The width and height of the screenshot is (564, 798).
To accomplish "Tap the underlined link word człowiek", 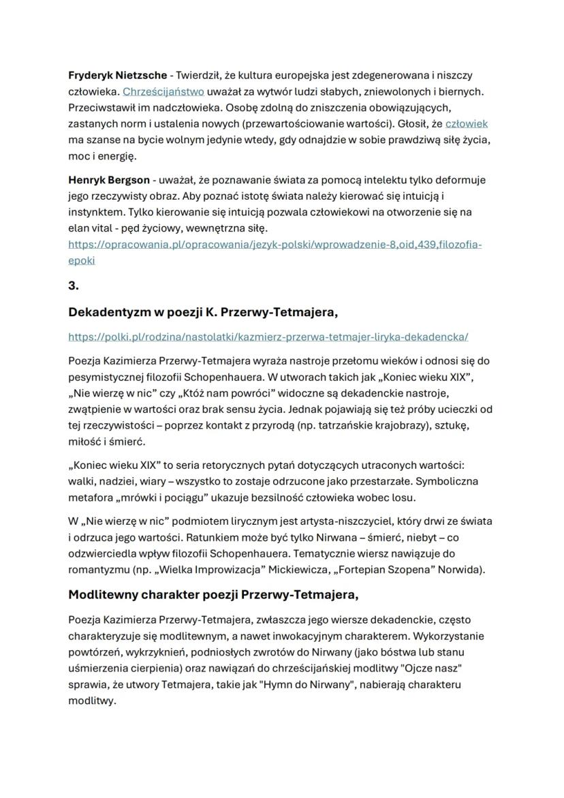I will coord(467,123).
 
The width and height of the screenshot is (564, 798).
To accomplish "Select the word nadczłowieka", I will coord(189,107).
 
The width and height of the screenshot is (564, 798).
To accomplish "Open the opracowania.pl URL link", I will coord(275,244).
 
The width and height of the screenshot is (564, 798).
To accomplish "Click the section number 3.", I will coord(74,286).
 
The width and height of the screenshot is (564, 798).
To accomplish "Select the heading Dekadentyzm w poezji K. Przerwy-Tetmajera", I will coord(203,312).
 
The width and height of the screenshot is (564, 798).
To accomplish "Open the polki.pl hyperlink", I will coord(268,337).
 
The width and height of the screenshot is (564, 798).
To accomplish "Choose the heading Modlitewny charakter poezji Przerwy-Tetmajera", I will coord(213,594).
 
